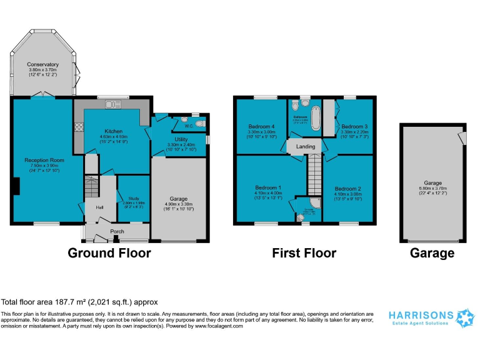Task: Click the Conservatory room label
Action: click(x=42, y=64)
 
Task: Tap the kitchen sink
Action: click(x=114, y=104)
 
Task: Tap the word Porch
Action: click(x=117, y=231)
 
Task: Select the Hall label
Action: click(x=99, y=207)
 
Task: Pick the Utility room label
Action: click(x=182, y=140)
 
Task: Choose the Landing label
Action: click(x=306, y=147)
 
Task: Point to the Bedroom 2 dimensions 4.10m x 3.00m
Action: click(x=347, y=195)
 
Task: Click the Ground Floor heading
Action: click(x=109, y=253)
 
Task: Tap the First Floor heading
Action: click(x=304, y=253)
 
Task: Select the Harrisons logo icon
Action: click(x=466, y=317)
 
